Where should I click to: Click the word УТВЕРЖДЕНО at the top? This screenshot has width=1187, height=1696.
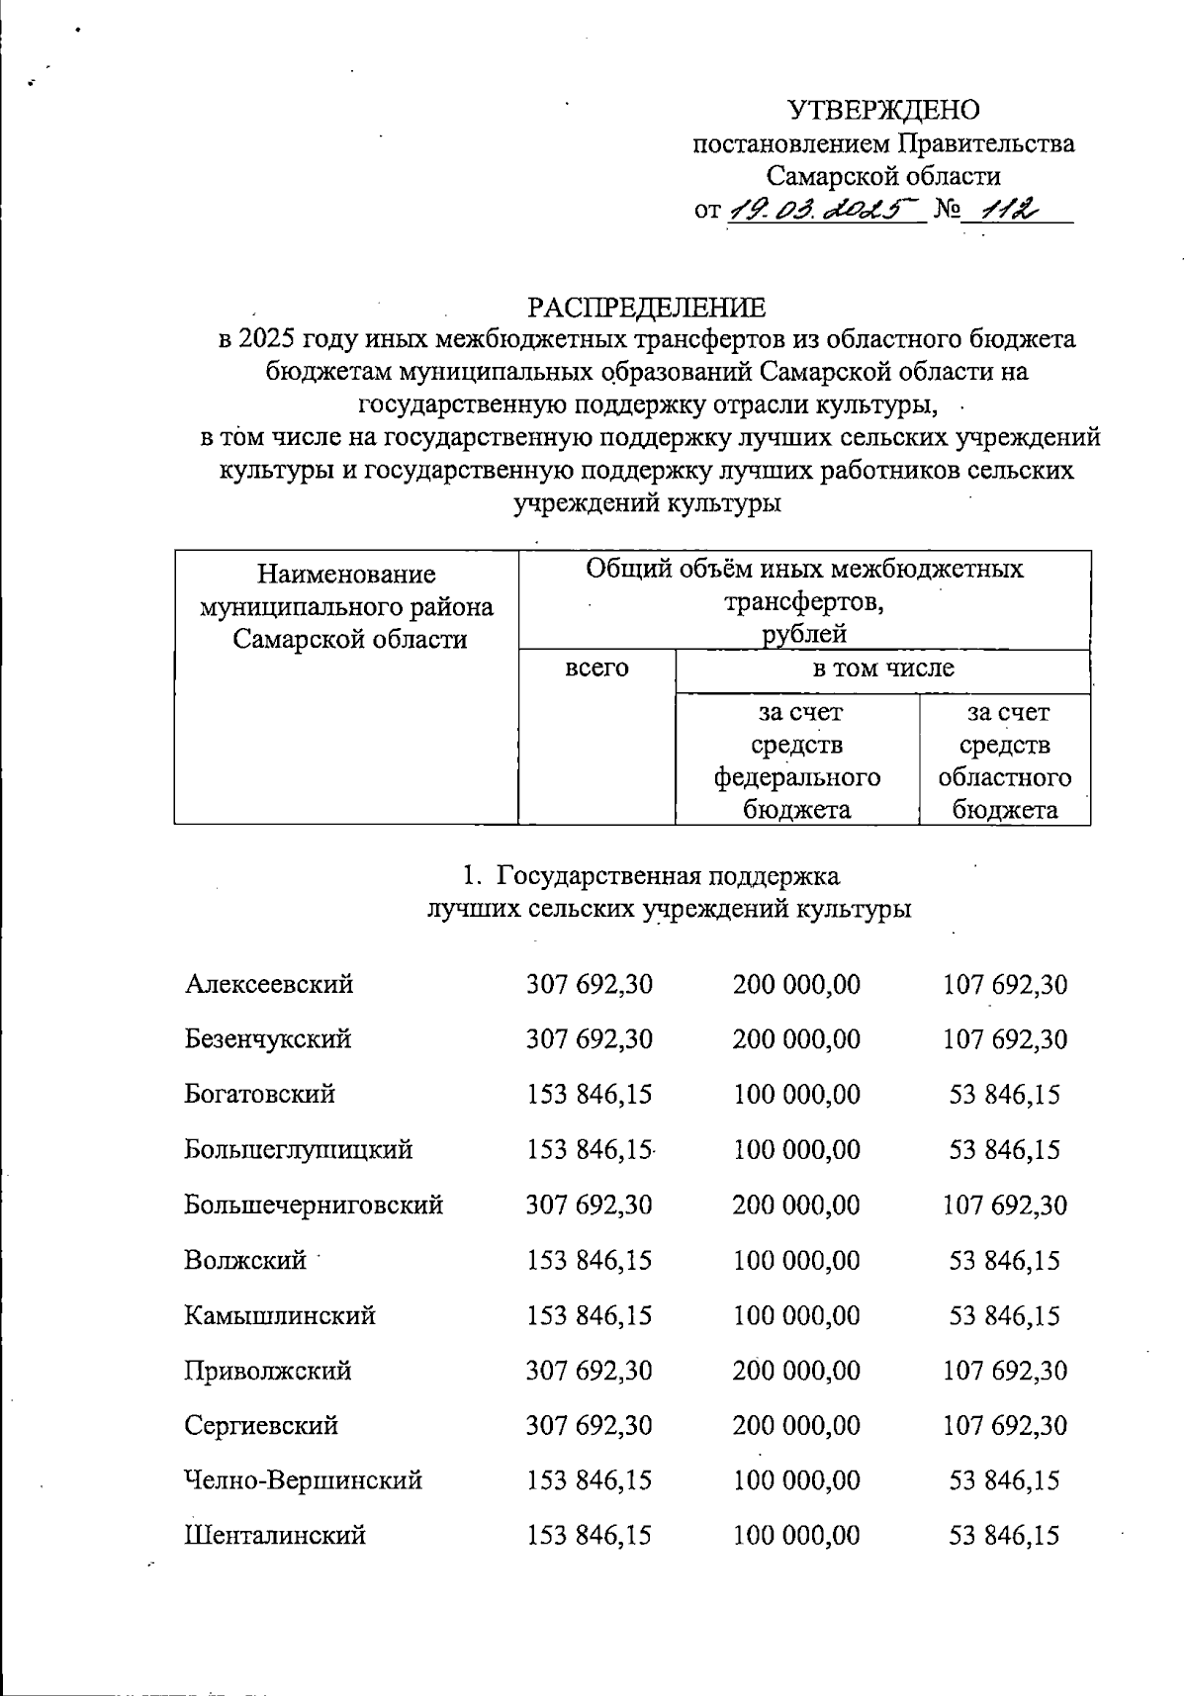pyautogui.click(x=883, y=109)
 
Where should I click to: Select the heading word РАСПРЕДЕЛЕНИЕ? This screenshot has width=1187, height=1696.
pyautogui.click(x=646, y=308)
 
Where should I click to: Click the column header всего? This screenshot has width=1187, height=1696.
pyautogui.click(x=596, y=668)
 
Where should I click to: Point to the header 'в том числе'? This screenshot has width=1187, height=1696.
pyautogui.click(x=882, y=668)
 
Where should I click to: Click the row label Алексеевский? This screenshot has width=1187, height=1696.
pyautogui.click(x=269, y=984)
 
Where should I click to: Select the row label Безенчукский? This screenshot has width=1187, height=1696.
pyautogui.click(x=268, y=1039)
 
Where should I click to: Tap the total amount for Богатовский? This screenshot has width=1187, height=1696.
pyautogui.click(x=589, y=1095)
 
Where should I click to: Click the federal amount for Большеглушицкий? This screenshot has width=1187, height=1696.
pyautogui.click(x=796, y=1150)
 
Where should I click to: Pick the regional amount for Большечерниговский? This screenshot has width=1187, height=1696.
pyautogui.click(x=1004, y=1205)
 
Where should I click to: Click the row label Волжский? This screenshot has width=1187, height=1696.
pyautogui.click(x=245, y=1261)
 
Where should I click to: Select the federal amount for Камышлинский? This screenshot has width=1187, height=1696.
pyautogui.click(x=796, y=1316)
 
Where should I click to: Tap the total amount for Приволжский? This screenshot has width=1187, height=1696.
pyautogui.click(x=589, y=1372)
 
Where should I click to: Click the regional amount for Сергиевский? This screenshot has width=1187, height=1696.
pyautogui.click(x=1004, y=1426)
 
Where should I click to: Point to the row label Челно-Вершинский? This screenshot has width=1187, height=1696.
pyautogui.click(x=304, y=1480)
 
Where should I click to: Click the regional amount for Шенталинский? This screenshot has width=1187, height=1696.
pyautogui.click(x=1004, y=1536)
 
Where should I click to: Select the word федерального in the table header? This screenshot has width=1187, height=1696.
pyautogui.click(x=797, y=777)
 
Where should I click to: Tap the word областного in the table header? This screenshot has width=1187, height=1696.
pyautogui.click(x=1005, y=777)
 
